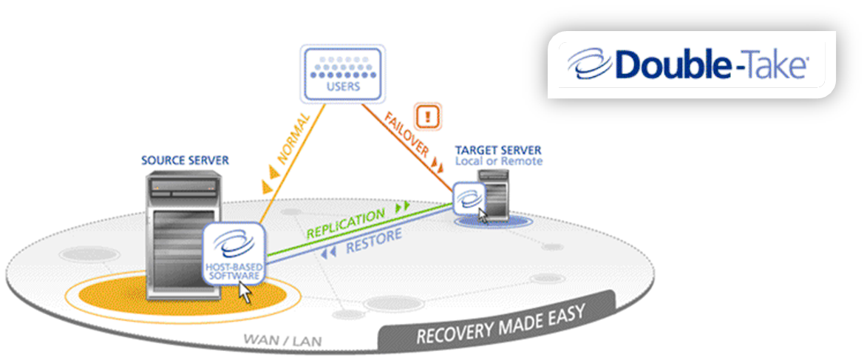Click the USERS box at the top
[x=341, y=72]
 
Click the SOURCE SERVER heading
[x=185, y=160]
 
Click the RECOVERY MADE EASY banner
[x=500, y=324]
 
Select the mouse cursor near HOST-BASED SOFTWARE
[x=245, y=292]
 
